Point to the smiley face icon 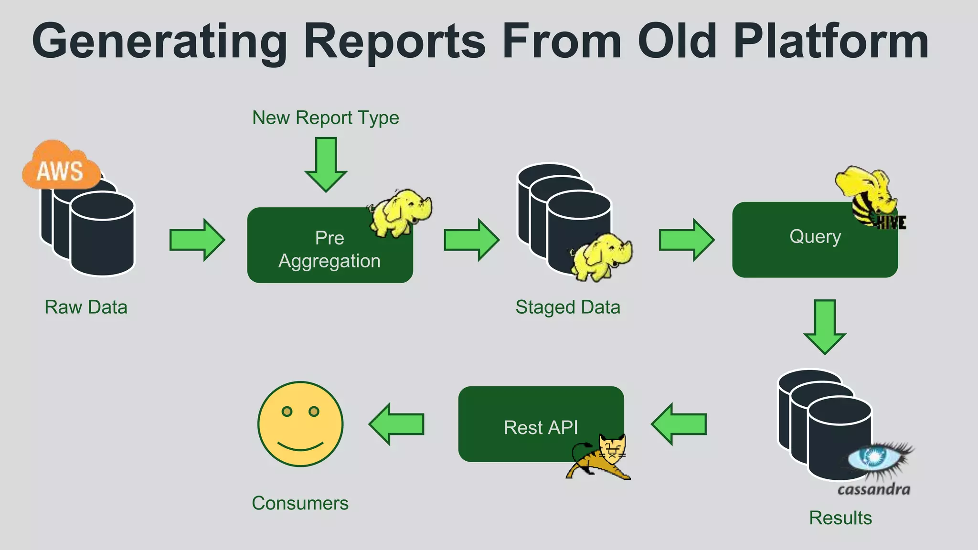pos(300,423)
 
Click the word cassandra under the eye pos(874,489)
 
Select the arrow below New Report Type pos(326,164)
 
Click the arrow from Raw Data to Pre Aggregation pos(197,240)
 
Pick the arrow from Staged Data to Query pos(686,240)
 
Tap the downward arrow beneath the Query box pos(825,326)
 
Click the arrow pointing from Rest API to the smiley pos(397,424)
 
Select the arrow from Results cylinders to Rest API pos(679,424)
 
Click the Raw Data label pos(86,307)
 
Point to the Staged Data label pos(568,307)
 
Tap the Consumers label pos(300,503)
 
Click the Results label pos(840,518)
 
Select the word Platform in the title pos(831,42)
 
